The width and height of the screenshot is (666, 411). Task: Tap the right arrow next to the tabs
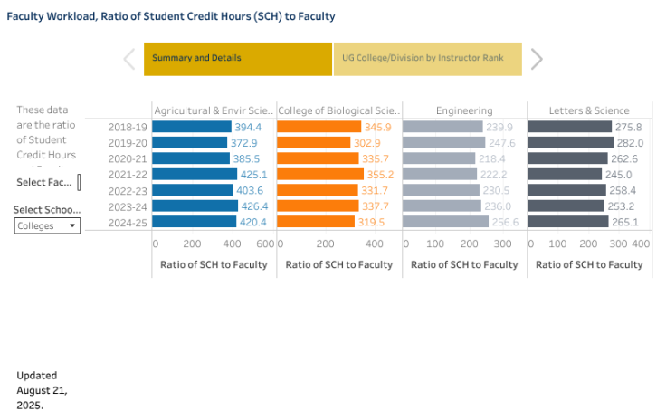[x=537, y=59]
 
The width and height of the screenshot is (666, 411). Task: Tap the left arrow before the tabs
[x=129, y=59]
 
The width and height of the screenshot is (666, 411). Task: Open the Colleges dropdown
[x=47, y=226]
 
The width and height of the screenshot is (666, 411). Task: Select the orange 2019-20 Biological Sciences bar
[x=313, y=143]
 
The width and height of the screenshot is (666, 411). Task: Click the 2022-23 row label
[x=127, y=190]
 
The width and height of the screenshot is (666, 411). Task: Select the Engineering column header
[x=464, y=110]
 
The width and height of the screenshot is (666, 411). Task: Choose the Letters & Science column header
[x=589, y=110]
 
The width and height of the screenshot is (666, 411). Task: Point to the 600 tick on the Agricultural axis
[x=265, y=244]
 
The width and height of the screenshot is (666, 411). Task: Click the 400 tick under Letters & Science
[x=640, y=244]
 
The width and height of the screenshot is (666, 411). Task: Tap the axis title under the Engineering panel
[x=464, y=264]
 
